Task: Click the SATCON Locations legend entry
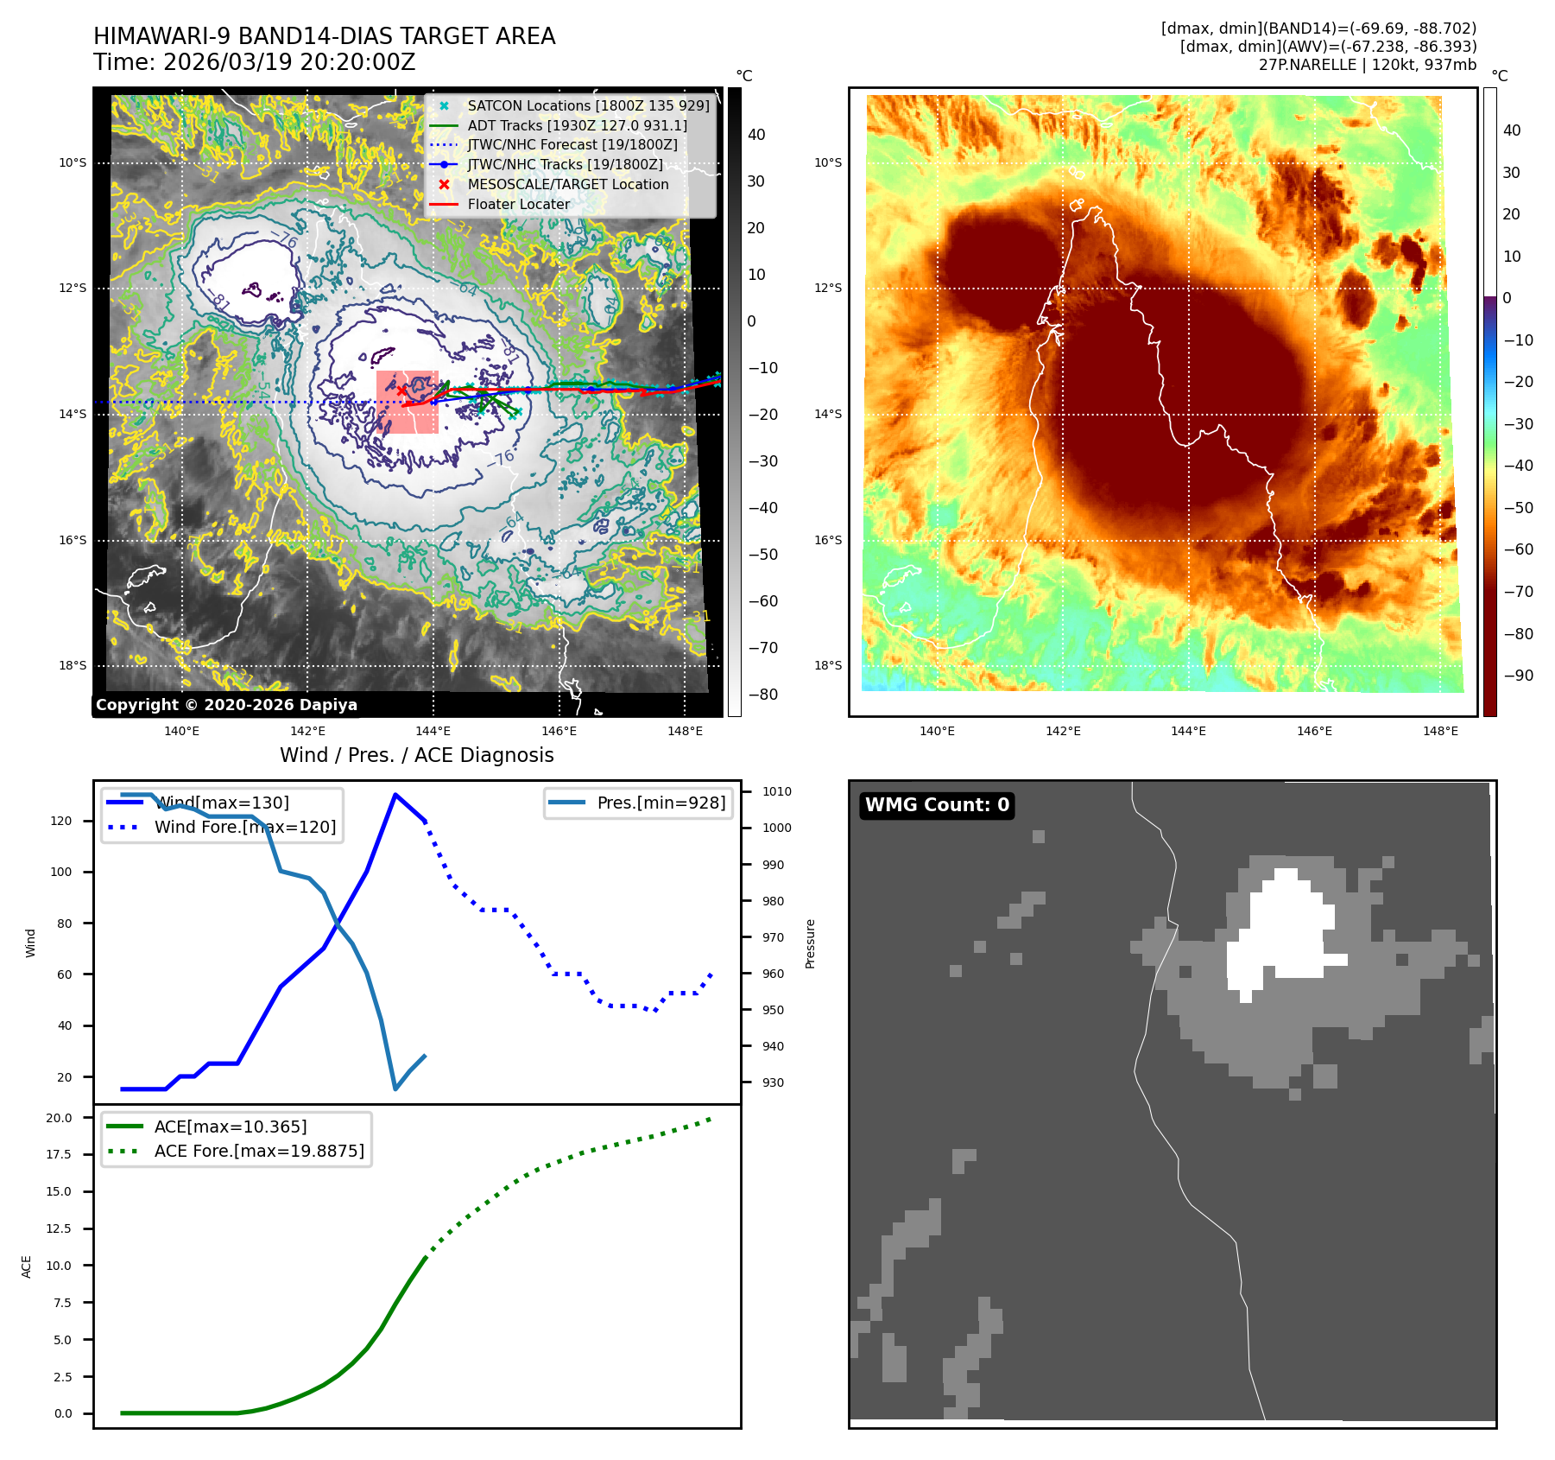click(x=588, y=105)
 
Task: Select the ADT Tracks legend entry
click(x=577, y=125)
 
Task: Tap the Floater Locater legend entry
click(x=518, y=204)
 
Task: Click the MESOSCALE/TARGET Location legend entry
click(x=567, y=184)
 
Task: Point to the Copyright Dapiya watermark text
click(x=226, y=705)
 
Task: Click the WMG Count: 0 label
click(x=937, y=805)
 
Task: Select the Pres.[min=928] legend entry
click(x=661, y=803)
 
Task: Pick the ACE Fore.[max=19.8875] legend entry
click(x=259, y=1151)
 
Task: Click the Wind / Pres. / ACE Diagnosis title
click(x=416, y=755)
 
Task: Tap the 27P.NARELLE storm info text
click(x=1367, y=65)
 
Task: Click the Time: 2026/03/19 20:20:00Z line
click(x=255, y=62)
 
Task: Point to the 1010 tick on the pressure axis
click(x=776, y=791)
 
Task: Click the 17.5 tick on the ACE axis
click(x=59, y=1154)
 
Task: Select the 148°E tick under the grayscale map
click(x=685, y=731)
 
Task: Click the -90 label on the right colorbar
click(x=1518, y=676)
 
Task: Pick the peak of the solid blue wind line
click(x=395, y=795)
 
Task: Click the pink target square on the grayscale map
click(x=408, y=402)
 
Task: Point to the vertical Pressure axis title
click(x=810, y=943)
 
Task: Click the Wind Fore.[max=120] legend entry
click(x=244, y=827)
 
